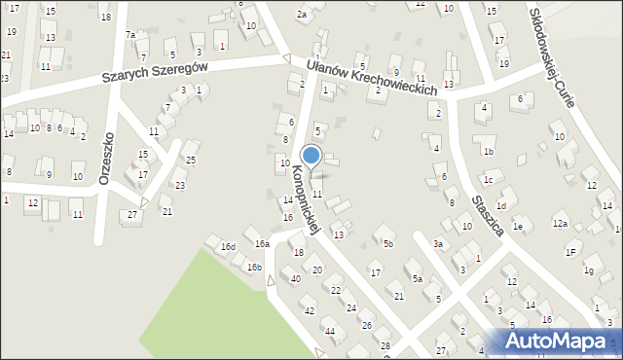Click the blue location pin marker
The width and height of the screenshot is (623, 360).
(311, 156)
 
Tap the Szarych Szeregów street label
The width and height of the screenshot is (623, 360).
(157, 71)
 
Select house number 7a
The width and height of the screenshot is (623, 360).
(130, 35)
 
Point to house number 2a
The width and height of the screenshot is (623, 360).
(302, 15)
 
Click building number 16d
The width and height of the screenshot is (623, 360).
(228, 247)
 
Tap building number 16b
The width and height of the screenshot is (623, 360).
(254, 267)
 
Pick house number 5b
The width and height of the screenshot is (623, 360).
(387, 243)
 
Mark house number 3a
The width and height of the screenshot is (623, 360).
(438, 243)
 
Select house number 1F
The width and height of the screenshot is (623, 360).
(571, 252)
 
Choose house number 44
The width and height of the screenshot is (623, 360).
(330, 332)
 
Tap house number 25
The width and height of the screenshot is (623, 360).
(192, 160)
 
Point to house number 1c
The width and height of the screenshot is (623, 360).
(489, 180)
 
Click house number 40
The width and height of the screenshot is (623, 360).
(296, 279)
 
